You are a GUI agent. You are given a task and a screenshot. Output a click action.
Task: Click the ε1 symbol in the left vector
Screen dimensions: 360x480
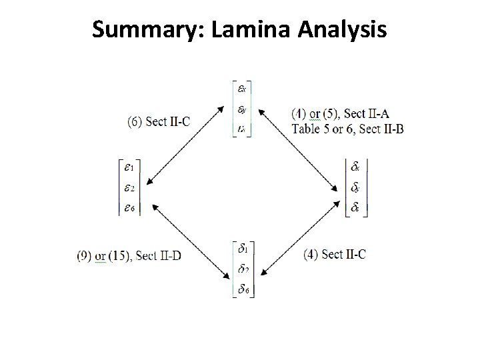pyautogui.click(x=129, y=168)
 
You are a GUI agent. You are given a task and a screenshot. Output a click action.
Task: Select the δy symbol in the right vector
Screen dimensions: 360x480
pyautogui.click(x=357, y=188)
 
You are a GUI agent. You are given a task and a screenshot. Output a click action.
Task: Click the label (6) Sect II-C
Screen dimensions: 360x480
pyautogui.click(x=159, y=121)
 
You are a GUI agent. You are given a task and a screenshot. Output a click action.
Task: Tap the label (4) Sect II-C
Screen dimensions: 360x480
pyautogui.click(x=334, y=254)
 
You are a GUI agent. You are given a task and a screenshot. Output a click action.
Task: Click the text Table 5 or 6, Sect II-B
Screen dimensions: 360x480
pyautogui.click(x=347, y=129)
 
